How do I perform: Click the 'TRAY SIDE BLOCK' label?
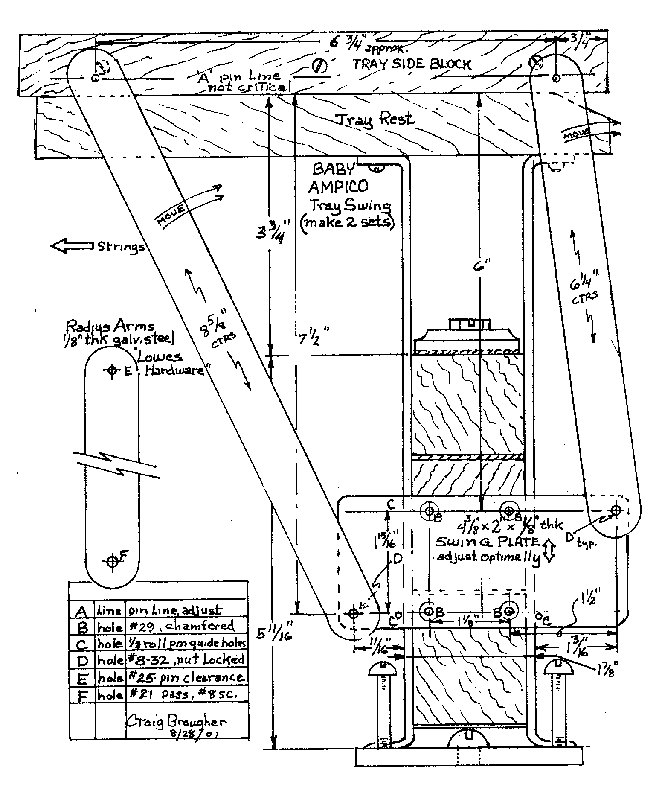tap(412, 64)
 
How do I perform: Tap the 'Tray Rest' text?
tap(374, 119)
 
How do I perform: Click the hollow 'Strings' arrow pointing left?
tap(72, 246)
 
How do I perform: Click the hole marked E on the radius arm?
tap(112, 370)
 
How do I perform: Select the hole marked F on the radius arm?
tap(112, 560)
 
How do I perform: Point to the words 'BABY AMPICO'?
tap(338, 178)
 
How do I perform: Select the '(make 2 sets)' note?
tap(346, 223)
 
